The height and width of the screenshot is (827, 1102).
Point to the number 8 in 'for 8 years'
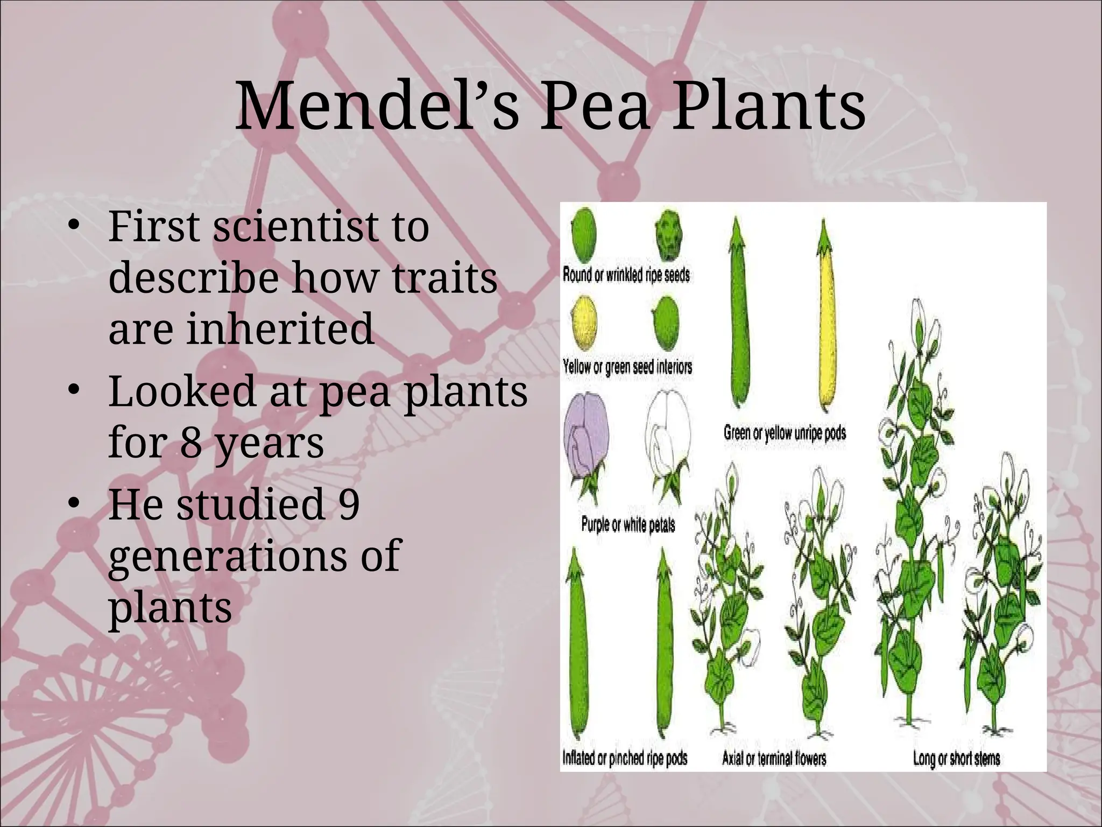click(x=190, y=443)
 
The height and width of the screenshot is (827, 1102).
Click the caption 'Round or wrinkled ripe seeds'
click(x=626, y=275)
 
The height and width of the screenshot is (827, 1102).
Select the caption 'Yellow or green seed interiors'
click(x=627, y=367)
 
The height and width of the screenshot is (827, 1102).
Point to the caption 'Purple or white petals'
click(x=627, y=524)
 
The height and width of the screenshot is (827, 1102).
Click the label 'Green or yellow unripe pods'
click(x=785, y=432)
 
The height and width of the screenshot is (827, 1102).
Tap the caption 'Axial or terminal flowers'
click(x=774, y=759)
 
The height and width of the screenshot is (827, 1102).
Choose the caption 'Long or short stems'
click(x=956, y=759)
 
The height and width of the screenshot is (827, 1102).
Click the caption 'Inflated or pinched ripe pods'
click(x=625, y=759)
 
